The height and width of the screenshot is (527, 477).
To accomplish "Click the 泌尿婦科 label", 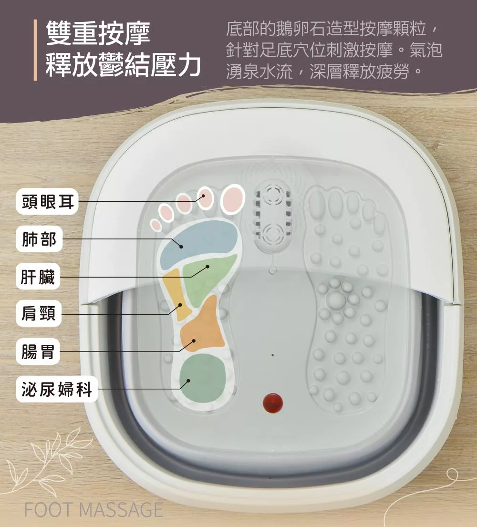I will (x=56, y=390).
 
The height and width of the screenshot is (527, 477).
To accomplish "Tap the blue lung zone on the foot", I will (x=200, y=241).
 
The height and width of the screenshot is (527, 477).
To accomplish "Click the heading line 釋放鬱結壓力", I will (x=123, y=65).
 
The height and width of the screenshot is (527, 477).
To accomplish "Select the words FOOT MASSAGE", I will (x=93, y=510).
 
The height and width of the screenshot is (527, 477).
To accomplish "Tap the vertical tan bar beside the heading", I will (x=35, y=50).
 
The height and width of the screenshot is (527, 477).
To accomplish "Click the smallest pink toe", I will (x=156, y=225).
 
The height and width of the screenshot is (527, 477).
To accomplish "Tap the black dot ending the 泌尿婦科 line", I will (x=188, y=381).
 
